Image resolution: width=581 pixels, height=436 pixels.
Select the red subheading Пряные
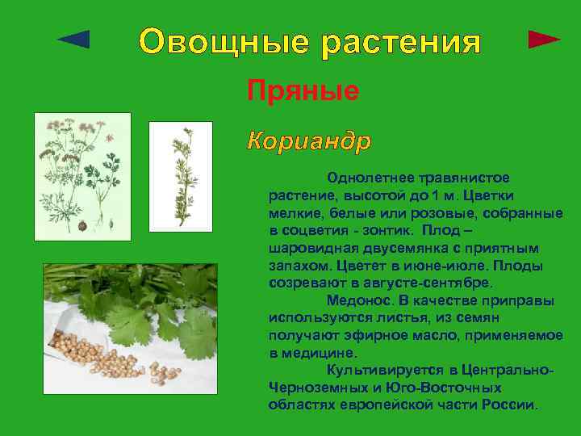coord(303,90)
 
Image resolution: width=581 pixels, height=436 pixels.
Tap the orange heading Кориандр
coord(309,141)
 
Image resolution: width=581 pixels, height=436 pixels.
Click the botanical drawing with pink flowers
coord(82,175)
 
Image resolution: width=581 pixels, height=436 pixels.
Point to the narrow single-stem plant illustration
coord(180,174)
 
